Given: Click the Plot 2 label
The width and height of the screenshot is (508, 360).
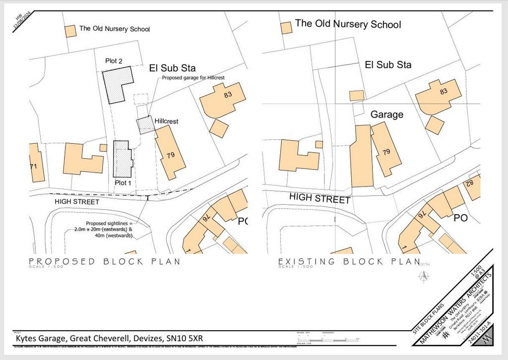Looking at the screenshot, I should coord(114,61).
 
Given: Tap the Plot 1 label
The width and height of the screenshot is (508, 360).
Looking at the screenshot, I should coord(124,182).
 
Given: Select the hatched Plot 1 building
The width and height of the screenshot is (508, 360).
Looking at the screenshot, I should coord(122,159).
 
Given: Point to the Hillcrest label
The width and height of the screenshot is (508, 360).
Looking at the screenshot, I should coord(166,121).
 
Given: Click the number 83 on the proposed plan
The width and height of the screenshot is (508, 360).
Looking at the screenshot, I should coord(228,95).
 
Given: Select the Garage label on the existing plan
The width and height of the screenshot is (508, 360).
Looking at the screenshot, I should coord(387,115).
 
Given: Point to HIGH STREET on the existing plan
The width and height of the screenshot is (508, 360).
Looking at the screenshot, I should coord(320,198).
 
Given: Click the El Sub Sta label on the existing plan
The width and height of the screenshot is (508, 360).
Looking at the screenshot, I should coord(388,65).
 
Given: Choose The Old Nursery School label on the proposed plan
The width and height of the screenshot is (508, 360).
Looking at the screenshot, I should coord(115,29).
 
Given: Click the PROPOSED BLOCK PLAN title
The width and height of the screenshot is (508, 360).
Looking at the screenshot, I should coord(104,261).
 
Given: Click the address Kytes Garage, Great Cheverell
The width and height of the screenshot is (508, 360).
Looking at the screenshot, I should coord(109,338).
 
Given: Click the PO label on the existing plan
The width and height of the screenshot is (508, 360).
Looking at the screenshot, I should coord(460,217).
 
